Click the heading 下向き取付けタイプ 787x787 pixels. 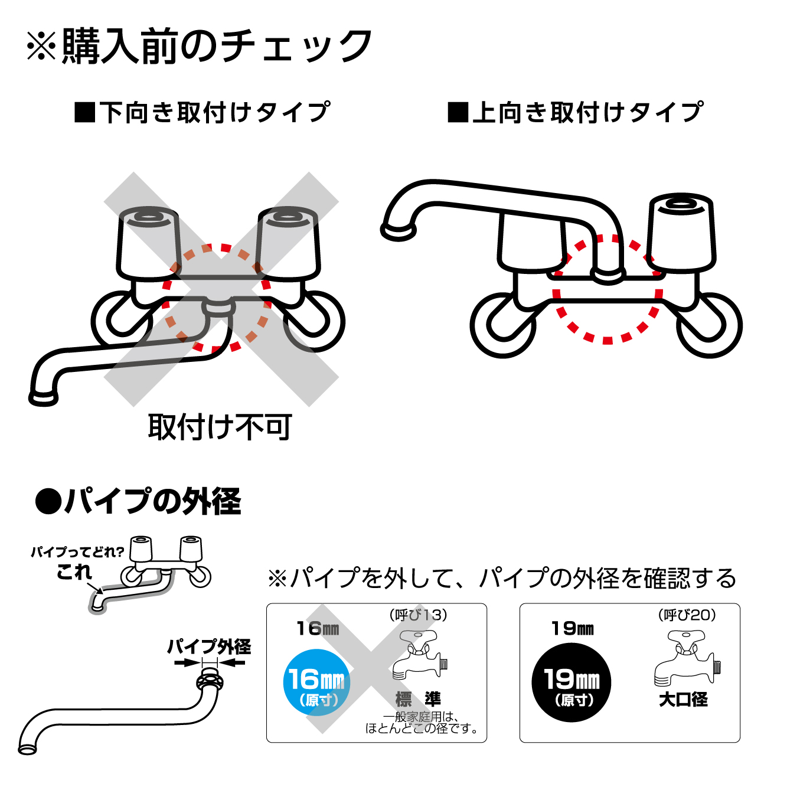[203, 112]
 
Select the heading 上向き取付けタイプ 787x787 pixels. [576, 112]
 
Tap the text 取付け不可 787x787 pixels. [220, 426]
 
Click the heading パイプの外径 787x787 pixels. [139, 502]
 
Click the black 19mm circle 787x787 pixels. [571, 682]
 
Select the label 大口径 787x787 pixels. [683, 700]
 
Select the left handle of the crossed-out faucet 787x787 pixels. [148, 242]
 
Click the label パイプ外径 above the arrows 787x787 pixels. [209, 646]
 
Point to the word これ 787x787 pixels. [74, 572]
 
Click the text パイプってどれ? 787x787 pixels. [77, 552]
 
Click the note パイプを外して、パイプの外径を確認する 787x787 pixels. [502, 579]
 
